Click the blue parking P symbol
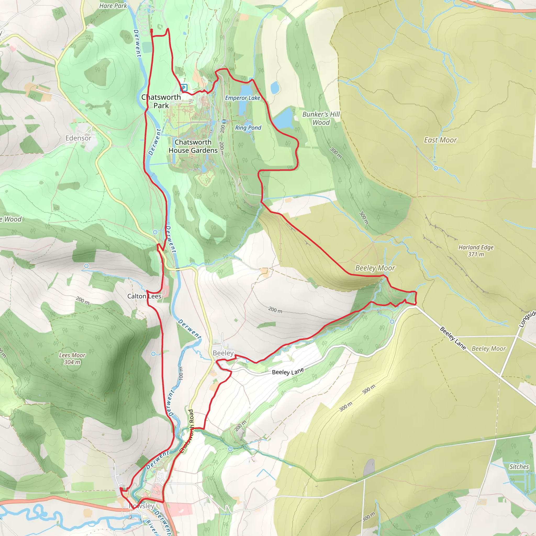pos(184,88)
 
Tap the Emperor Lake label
pos(242,98)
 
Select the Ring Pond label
pos(248,128)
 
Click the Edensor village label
pos(78,138)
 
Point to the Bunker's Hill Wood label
pos(321,118)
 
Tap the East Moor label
pos(440,140)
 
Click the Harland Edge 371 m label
pos(476,250)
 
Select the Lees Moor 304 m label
pos(72,359)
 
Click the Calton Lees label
pos(144,296)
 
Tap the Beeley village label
pos(223,353)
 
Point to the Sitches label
pos(519,467)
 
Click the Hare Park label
pos(113,6)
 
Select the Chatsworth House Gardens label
pos(193,146)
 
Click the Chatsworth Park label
pos(161,101)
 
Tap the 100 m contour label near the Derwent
pos(181,373)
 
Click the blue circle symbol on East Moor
pos(435,168)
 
